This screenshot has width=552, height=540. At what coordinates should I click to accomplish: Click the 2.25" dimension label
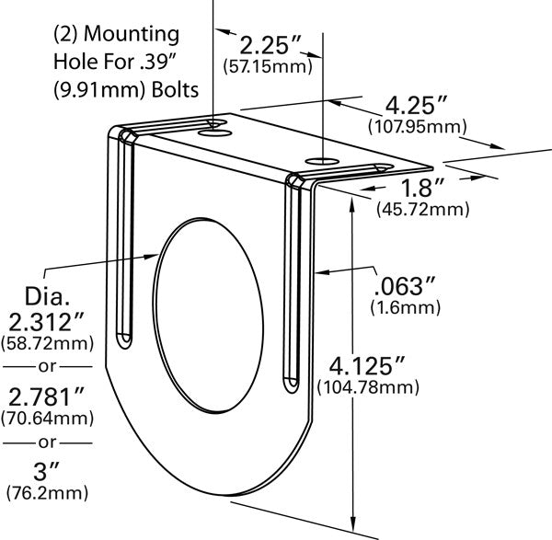(x=271, y=46)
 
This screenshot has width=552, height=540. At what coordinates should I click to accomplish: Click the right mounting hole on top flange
(x=322, y=163)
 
